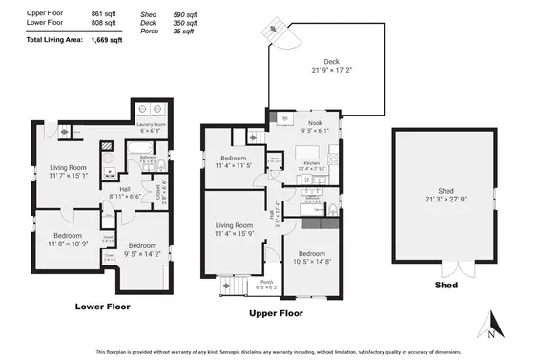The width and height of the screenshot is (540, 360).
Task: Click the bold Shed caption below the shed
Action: click(446, 285)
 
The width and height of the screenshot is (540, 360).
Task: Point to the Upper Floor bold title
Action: click(276, 312)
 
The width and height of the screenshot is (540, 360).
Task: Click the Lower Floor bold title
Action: click(102, 307)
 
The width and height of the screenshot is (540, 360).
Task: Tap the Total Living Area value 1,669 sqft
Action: click(106, 41)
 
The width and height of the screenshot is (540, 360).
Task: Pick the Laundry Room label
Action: click(151, 125)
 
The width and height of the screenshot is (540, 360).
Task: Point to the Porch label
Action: click(267, 281)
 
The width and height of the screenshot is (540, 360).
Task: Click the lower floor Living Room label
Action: click(69, 168)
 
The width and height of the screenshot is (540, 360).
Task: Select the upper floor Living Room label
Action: click(233, 225)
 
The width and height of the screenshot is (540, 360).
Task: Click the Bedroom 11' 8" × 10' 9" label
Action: click(67, 236)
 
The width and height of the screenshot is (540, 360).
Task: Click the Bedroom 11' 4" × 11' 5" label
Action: click(235, 159)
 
